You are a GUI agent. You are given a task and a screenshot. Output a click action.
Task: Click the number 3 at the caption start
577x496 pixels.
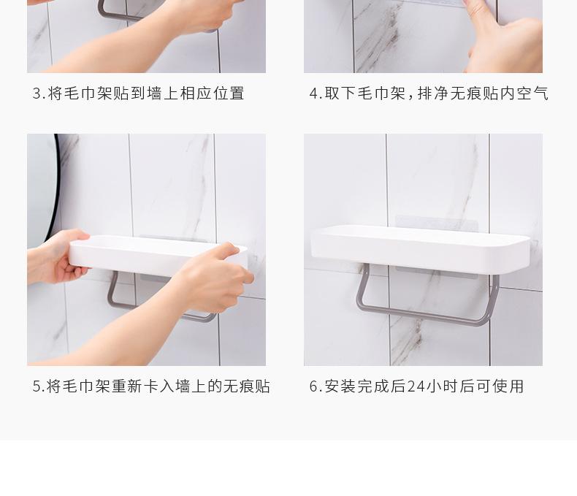pos(37,94)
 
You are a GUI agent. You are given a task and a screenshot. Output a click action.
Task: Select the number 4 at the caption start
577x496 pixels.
pos(313,94)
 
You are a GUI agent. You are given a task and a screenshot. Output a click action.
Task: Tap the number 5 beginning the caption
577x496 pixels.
pos(37,386)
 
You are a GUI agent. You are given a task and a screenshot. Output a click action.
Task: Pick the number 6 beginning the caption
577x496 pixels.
pos(313,386)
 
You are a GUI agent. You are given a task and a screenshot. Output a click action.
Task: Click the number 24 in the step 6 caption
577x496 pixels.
pos(416,386)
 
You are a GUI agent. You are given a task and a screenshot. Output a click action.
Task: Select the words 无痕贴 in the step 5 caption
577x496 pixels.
pos(246,386)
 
